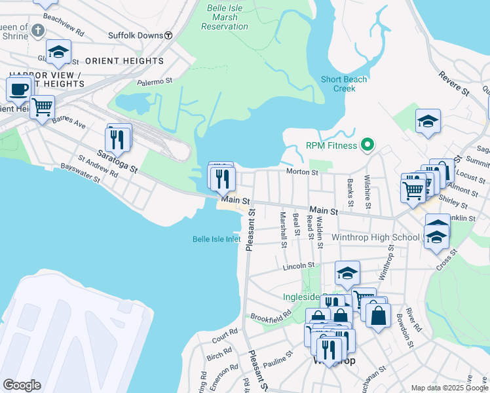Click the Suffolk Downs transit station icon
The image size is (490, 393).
pyautogui.click(x=168, y=35)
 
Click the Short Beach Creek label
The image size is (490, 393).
pyautogui.click(x=343, y=84)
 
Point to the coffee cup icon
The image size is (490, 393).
pyautogui.click(x=18, y=89)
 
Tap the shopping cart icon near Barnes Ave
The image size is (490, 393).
pyautogui.click(x=42, y=106)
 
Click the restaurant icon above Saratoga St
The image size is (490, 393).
pyautogui.click(x=118, y=139)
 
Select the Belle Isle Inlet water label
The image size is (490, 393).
pyautogui.click(x=217, y=240)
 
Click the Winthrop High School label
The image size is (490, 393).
pyautogui.click(x=376, y=237)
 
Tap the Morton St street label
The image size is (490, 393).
pyautogui.click(x=301, y=172)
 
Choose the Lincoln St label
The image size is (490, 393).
pyautogui.click(x=299, y=267)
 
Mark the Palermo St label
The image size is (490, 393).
pyautogui.click(x=154, y=82)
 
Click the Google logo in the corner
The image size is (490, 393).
pyautogui.click(x=22, y=385)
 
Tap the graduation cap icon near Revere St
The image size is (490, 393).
pyautogui.click(x=428, y=121)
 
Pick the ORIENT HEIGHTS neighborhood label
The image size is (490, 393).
pyautogui.click(x=124, y=61)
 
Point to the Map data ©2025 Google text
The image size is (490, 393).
pyautogui.click(x=449, y=388)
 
